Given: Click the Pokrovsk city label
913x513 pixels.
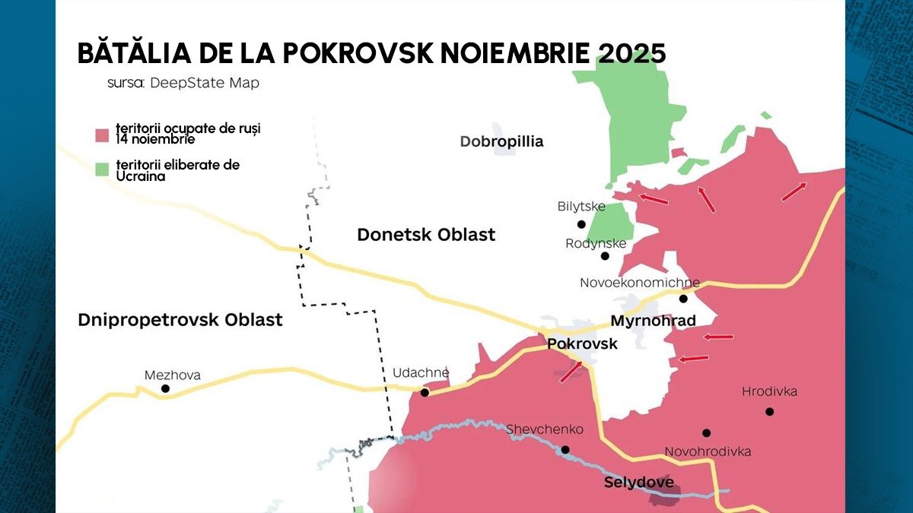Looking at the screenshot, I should (x=582, y=344).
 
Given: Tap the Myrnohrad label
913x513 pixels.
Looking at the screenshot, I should (x=653, y=321).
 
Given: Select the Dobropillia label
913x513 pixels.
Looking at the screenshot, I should (x=501, y=141).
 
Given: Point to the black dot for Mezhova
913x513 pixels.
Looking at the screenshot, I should (x=165, y=388).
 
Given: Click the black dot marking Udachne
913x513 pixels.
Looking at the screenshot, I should (x=425, y=393).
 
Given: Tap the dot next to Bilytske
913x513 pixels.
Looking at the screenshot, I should (x=581, y=224).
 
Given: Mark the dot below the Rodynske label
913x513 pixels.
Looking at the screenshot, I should (x=605, y=256).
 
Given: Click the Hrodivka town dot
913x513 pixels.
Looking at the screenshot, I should (x=769, y=411).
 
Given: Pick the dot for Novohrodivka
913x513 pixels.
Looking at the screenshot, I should (x=706, y=432).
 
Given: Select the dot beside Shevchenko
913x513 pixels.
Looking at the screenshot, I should (x=565, y=449).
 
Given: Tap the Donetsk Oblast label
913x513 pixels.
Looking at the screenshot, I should (x=426, y=235).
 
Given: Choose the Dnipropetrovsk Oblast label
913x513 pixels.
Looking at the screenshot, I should (x=180, y=320).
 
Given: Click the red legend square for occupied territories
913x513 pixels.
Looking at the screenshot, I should (x=102, y=135).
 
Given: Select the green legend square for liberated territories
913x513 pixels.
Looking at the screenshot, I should (x=102, y=170).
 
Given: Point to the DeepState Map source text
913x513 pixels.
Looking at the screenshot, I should (x=204, y=83).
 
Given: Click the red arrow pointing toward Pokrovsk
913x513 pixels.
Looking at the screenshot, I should (x=571, y=372).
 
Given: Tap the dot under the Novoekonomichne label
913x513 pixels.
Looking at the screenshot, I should (x=683, y=299).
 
